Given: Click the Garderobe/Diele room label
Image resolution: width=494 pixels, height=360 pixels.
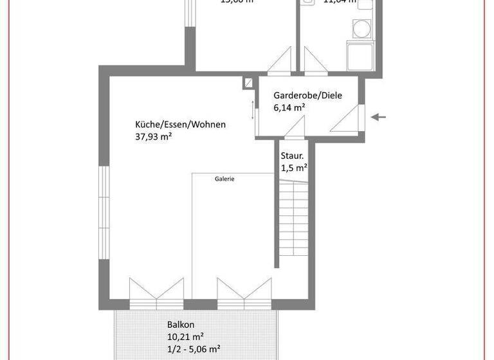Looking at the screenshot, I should [x=307, y=95].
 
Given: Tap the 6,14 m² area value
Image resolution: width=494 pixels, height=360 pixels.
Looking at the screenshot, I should [x=289, y=108].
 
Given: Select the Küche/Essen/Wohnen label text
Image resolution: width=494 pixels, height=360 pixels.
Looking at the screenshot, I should [x=180, y=124].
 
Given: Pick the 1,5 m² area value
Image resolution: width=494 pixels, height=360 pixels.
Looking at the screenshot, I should [x=293, y=168].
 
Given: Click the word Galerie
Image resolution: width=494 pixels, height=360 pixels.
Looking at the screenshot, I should [x=224, y=180].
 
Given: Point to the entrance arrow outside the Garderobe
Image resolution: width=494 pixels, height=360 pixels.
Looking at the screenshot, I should [x=379, y=117].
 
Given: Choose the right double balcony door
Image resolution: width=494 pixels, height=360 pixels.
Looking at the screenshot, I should [x=243, y=291].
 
